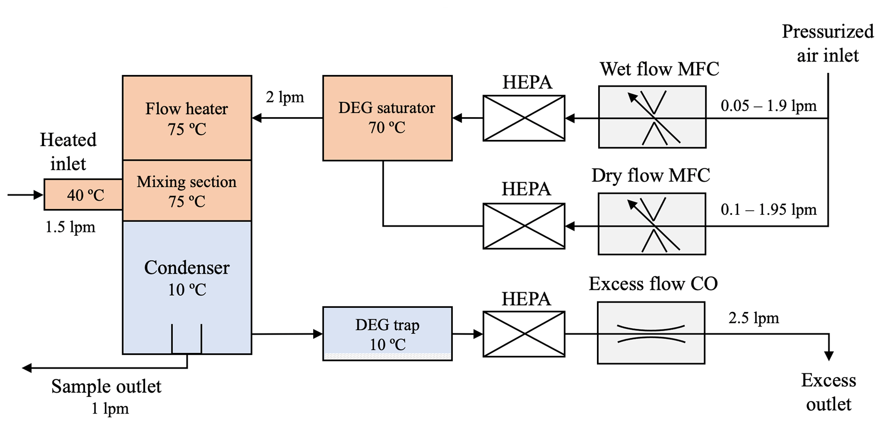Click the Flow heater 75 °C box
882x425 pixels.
[187, 118]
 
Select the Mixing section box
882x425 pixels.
[187, 191]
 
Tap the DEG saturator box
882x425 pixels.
[387, 118]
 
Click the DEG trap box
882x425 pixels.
[387, 334]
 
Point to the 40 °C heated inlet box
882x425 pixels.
[84, 195]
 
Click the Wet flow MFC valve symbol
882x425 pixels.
[652, 117]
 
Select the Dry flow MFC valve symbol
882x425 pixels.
[652, 224]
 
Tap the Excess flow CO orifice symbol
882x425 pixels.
[651, 333]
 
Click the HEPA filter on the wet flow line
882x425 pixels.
[524, 118]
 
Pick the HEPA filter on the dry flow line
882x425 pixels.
[524, 226]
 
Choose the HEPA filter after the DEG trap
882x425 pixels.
[524, 334]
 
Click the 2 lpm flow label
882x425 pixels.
[285, 97]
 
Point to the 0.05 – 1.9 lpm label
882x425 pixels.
[768, 106]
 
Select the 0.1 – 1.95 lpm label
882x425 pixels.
[768, 210]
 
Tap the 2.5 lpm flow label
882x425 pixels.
[754, 318]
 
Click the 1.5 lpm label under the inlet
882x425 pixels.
[70, 227]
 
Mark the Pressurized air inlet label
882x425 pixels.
[827, 43]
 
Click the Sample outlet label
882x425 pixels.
[106, 387]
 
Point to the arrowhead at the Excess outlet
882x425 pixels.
[829, 356]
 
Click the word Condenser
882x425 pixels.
[187, 268]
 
